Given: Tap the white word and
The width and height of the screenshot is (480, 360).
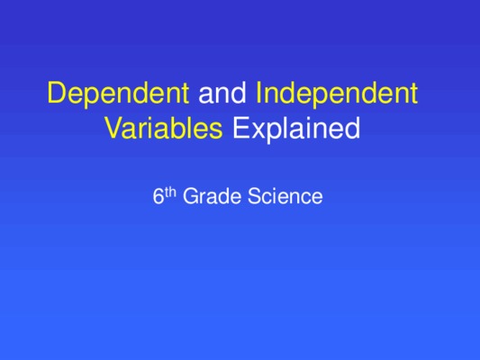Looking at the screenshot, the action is [x=222, y=92].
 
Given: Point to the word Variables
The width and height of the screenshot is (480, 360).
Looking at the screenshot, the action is [x=164, y=128].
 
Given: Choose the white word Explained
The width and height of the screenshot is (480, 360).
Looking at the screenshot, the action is [x=296, y=130].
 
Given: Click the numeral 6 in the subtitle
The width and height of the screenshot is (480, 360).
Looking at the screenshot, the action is [x=158, y=196].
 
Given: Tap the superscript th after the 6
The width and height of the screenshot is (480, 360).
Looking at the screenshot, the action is [x=170, y=193].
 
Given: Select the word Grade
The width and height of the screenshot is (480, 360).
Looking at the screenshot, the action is [x=212, y=196].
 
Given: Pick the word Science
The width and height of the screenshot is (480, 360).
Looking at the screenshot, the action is [x=285, y=196].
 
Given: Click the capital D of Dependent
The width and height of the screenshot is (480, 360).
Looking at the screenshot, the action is [x=58, y=92].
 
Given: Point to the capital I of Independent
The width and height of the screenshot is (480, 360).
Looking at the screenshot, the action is [x=258, y=92].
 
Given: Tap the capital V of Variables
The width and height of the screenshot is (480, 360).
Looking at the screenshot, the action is [x=115, y=128].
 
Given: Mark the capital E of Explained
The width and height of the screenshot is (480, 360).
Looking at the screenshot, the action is [x=241, y=128].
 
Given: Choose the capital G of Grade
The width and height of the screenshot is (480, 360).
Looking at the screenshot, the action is [x=191, y=196].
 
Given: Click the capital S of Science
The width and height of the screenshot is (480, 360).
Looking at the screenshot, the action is [x=255, y=196].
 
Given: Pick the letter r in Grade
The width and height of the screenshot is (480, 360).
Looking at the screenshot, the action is [x=204, y=198].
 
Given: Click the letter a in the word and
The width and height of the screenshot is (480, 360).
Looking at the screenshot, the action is [x=205, y=95].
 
